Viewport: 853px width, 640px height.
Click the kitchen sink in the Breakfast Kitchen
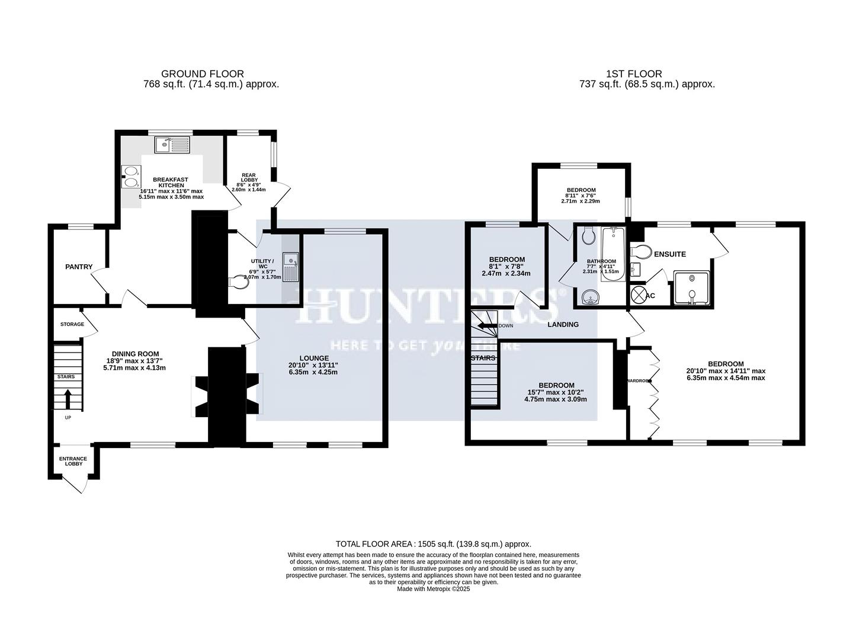click(x=172, y=145)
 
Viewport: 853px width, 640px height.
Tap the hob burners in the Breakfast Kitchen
click(x=131, y=177)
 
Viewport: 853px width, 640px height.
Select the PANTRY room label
click(x=79, y=267)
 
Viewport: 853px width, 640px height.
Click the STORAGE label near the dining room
click(x=72, y=324)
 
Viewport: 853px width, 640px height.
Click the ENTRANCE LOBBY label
click(x=73, y=461)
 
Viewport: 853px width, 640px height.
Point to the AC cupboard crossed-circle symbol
click(x=639, y=295)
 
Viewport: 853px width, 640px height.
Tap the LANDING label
click(x=563, y=325)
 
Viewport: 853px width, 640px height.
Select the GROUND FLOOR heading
click(x=203, y=74)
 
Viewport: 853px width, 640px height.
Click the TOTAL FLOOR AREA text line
click(x=433, y=543)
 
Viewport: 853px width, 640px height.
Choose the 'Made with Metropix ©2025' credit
click(x=433, y=589)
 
